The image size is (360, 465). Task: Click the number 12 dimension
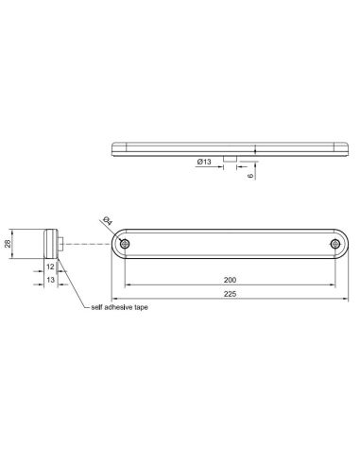[49, 267]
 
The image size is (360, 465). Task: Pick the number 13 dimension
[49, 281]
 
